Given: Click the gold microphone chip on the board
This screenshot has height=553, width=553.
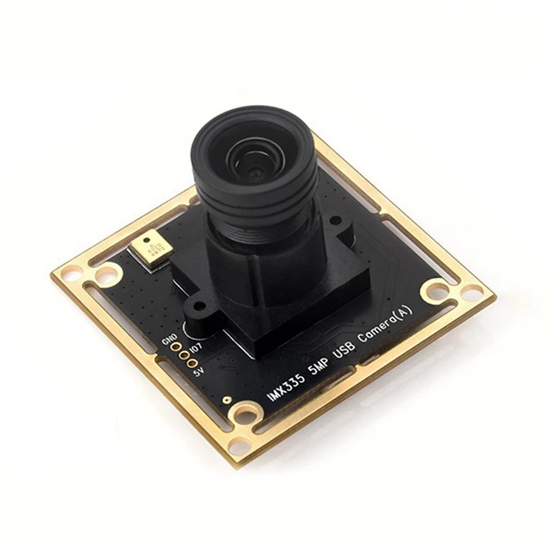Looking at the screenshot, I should click(x=153, y=250).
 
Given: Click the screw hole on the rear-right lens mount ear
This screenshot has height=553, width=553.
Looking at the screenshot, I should click(x=337, y=223).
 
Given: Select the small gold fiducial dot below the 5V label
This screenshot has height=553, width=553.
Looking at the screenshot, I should click(x=225, y=400).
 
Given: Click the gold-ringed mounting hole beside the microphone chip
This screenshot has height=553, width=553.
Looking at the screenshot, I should click(x=106, y=276).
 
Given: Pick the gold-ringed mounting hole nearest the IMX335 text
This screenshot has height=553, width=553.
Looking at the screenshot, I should click(x=244, y=415).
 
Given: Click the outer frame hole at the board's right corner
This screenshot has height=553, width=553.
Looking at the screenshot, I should click(x=472, y=293).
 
